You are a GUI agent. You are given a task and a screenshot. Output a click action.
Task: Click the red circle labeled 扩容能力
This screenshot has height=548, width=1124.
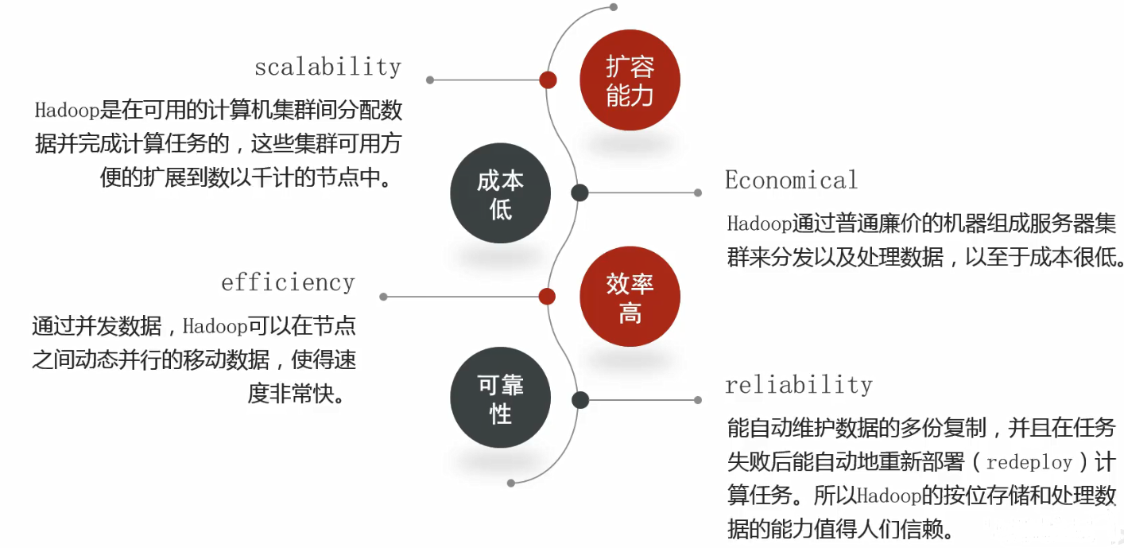coord(630,81)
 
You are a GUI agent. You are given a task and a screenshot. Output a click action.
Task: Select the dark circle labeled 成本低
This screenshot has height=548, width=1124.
coord(500,194)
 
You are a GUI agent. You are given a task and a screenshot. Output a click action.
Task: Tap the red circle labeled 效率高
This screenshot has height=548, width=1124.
coord(630,297)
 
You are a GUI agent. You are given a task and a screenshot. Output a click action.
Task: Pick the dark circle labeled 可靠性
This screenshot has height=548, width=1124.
coord(500,399)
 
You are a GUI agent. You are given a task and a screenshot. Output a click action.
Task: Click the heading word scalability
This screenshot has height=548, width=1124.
coord(328,67)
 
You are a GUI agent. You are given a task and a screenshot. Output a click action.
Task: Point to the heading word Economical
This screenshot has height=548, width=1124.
coord(791,181)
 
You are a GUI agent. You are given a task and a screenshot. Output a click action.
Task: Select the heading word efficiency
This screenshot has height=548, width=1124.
coord(288,283)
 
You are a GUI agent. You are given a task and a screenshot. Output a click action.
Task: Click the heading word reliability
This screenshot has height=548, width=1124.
coord(798,386)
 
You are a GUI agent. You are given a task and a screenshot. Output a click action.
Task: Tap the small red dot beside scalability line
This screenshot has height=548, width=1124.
coord(548,80)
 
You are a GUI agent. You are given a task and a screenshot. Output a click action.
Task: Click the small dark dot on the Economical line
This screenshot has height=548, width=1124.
coord(579,192)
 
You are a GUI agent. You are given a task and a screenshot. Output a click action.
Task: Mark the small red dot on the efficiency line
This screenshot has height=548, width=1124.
coord(547,297)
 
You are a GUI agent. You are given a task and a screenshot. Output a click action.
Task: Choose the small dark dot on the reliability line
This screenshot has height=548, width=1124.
coord(580,399)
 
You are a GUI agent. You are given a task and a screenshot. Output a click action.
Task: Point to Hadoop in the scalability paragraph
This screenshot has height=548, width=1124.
coord(68,109)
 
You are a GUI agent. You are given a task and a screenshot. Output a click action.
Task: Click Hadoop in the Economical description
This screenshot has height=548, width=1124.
coord(759,223)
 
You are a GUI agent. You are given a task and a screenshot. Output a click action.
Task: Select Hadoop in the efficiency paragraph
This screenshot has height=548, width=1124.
coord(215,327)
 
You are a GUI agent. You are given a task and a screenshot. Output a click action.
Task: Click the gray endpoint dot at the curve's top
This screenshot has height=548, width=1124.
coord(613,6)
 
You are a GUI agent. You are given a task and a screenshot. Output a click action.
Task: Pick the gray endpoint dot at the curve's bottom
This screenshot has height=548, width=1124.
coord(511,483)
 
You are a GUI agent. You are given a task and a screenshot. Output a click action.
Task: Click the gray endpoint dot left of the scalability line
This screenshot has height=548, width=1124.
coord(430,80)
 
